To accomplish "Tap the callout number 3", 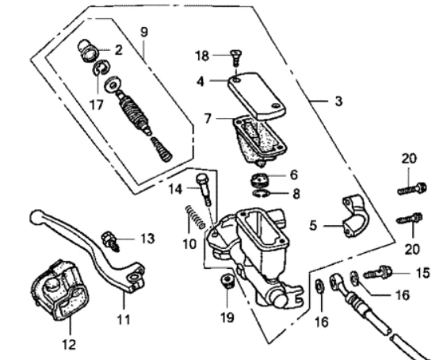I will pyautogui.click(x=338, y=101).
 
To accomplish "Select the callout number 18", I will pyautogui.click(x=203, y=55).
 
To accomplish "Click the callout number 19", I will pyautogui.click(x=227, y=320).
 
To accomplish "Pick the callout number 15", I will pyautogui.click(x=422, y=273).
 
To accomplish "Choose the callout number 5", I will pyautogui.click(x=313, y=225).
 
